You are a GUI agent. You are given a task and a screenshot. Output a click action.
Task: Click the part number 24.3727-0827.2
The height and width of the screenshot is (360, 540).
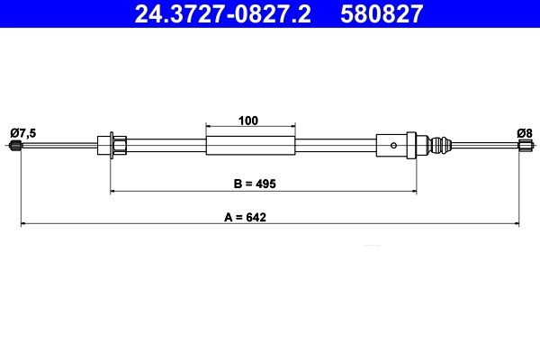[222, 13]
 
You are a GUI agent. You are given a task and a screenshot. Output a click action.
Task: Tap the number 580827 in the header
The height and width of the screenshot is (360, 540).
[382, 13]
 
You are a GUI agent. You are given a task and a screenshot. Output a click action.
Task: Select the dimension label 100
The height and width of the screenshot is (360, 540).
[250, 120]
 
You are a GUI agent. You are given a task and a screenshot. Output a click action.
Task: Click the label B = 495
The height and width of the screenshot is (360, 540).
[254, 184]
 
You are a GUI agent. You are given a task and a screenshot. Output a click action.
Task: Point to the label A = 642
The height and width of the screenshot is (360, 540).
[253, 216]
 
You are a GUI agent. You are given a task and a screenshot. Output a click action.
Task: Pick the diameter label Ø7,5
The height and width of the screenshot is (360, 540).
[23, 133]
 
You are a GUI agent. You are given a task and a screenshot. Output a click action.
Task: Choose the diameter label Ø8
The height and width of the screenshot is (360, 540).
[525, 133]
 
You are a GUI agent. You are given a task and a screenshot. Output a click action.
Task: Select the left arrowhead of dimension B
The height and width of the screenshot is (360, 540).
[112, 191]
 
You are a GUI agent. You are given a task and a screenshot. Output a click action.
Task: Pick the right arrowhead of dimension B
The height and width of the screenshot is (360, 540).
[414, 191]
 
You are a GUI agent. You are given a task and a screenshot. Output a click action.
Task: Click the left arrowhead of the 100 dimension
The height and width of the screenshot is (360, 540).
[209, 127]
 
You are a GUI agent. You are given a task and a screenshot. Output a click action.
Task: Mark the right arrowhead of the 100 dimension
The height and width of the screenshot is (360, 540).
[292, 127]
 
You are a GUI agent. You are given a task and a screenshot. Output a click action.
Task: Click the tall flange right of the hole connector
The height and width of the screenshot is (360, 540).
[411, 146]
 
